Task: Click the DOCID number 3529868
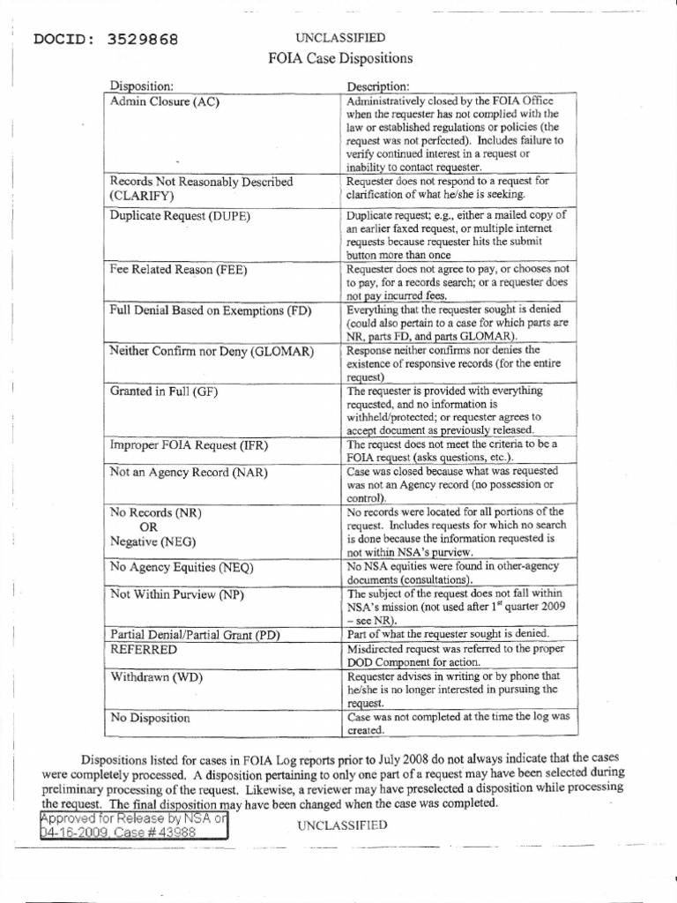145,40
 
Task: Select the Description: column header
377,86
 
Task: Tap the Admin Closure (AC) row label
164,101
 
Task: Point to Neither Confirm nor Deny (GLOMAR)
212,351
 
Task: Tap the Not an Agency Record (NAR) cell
188,472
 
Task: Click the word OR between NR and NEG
142,526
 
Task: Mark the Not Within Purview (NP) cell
176,594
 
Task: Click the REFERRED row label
143,649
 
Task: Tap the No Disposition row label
150,718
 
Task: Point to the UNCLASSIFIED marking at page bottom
342,825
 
